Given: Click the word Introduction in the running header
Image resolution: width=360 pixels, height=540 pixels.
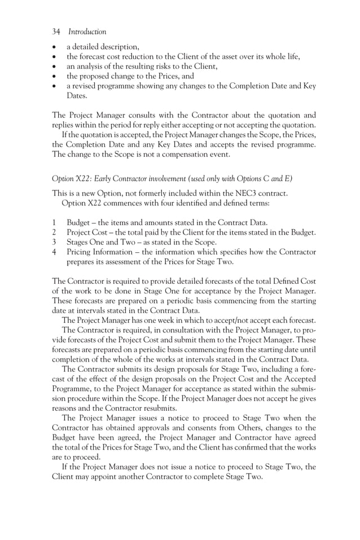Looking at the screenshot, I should (87, 32).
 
